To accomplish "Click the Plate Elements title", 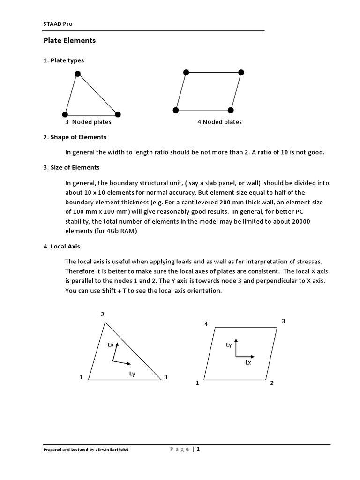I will [69, 41].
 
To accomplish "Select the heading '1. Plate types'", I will [64, 60].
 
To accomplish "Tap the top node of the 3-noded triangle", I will [78, 74].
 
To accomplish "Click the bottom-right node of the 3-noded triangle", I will [118, 114].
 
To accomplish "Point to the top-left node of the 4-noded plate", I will [186, 72].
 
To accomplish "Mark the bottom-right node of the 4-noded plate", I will [231, 110].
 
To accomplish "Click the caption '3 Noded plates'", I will [88, 122].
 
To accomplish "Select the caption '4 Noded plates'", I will [219, 122].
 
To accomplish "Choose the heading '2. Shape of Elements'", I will [75, 137].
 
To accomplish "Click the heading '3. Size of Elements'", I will [71, 167].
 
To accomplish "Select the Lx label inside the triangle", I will [111, 345].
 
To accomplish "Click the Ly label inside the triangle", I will [132, 374].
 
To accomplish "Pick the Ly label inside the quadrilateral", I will [229, 345].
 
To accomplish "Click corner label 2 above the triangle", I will [103, 314].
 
